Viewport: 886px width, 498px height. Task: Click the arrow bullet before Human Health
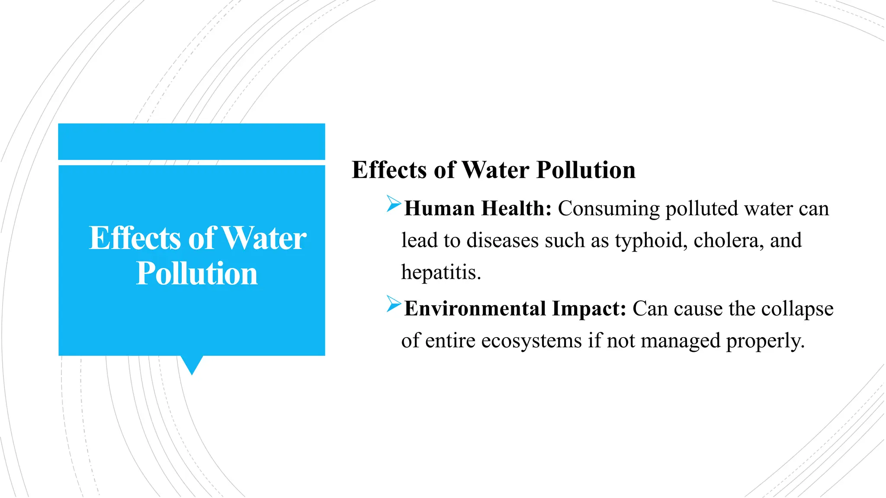point(394,204)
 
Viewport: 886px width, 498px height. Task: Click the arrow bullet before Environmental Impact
point(394,304)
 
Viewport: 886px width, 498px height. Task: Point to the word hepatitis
point(440,272)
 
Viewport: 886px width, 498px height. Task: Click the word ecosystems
point(531,341)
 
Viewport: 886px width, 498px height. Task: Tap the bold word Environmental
point(475,309)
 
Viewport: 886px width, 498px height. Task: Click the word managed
point(680,341)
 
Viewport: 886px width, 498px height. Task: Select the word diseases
point(502,240)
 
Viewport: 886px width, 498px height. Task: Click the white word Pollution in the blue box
point(197,274)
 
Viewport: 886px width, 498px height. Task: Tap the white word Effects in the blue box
point(135,238)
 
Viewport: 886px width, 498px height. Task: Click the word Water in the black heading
point(495,169)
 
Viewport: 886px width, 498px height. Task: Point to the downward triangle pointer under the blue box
point(192,364)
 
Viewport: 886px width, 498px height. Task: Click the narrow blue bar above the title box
point(192,141)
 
